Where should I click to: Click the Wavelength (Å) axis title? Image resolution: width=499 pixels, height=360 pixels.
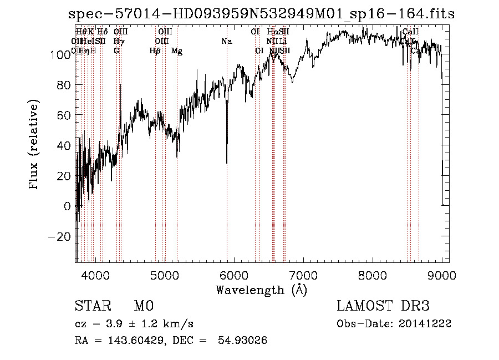click(261, 290)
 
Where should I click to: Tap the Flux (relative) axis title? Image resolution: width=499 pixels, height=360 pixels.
click(34, 145)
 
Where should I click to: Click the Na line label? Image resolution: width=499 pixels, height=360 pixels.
click(226, 41)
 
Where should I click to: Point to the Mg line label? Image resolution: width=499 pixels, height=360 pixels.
click(177, 51)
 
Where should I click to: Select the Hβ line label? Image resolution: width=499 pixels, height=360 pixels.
click(155, 51)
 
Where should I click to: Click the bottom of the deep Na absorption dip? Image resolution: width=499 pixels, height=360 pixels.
click(227, 163)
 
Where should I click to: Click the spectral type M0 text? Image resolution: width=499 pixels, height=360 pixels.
click(143, 306)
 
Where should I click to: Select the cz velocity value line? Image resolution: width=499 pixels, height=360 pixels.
click(134, 323)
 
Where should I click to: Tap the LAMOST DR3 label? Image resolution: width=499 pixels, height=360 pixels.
click(383, 306)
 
